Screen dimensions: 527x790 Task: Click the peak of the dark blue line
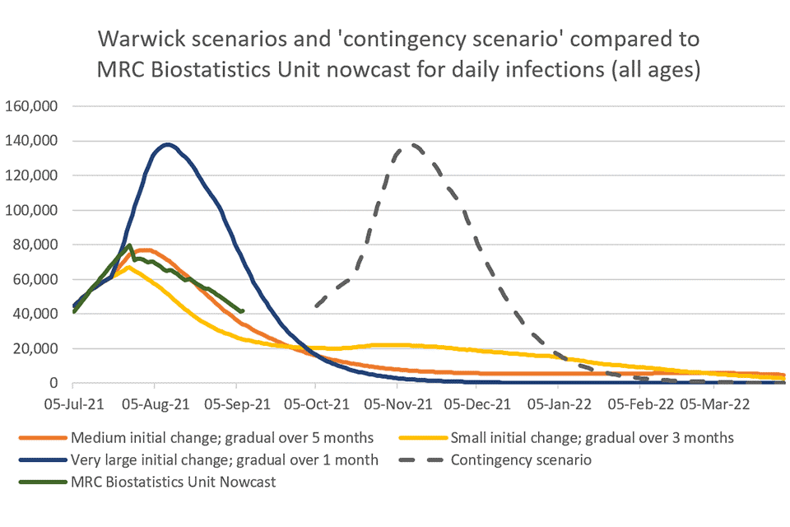168,145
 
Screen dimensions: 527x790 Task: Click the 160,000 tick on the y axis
36,106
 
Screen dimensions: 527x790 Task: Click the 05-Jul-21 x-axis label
73,404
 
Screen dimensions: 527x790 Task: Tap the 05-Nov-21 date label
397,404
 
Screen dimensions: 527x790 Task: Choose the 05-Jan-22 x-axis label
560,404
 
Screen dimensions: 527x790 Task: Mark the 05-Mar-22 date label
714,404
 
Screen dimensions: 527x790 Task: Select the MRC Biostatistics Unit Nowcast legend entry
174,482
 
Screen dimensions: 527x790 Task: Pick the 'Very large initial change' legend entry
225,459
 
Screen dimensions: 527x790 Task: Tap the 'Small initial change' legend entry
592,437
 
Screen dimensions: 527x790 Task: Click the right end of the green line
242,310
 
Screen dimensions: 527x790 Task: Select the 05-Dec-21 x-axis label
479,404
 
